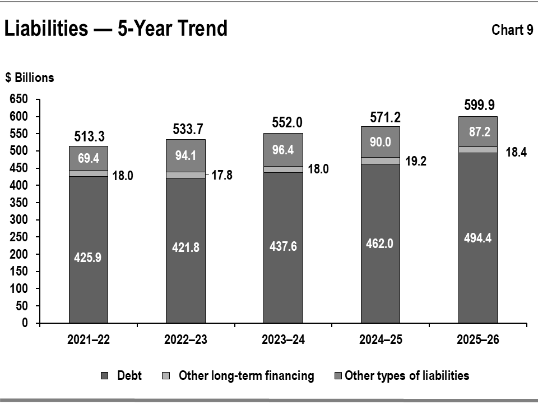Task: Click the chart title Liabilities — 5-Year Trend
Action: [115, 28]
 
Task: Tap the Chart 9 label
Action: [512, 30]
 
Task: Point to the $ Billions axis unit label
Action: [30, 77]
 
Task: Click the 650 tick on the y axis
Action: [19, 99]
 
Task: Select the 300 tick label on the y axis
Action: [19, 219]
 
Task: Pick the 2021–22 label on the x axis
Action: [89, 339]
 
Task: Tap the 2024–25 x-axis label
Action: [381, 339]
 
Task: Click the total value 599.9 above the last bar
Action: [479, 105]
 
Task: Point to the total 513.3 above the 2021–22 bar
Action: [90, 136]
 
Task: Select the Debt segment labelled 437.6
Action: [283, 247]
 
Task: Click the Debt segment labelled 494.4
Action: [478, 238]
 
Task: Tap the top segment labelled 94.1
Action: [185, 155]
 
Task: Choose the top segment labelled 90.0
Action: [381, 142]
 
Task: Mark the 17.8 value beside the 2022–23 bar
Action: [222, 175]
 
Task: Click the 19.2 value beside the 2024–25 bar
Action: [416, 161]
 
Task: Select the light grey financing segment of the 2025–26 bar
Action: [478, 150]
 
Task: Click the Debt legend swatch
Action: [105, 376]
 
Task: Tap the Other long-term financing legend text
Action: [247, 375]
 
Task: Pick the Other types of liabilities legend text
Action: [407, 375]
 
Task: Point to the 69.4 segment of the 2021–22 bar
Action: [89, 158]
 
